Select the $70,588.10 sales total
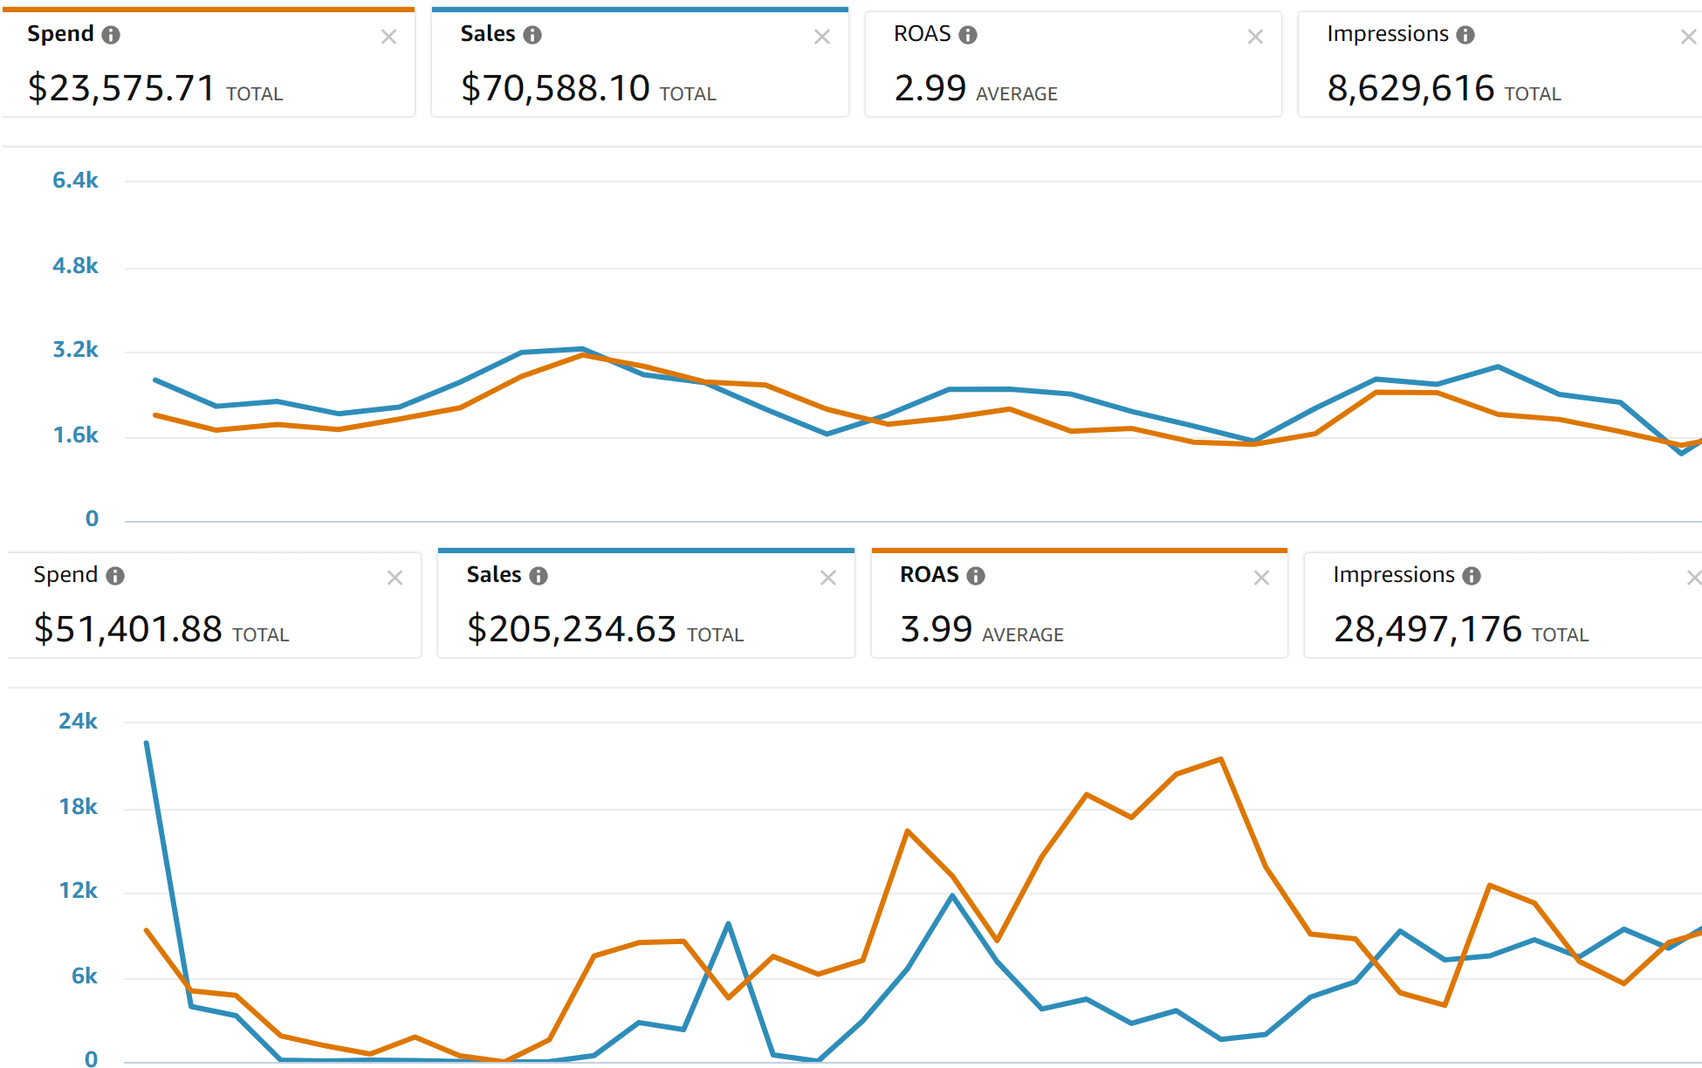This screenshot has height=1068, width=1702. pyautogui.click(x=554, y=88)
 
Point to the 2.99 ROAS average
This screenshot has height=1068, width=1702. pyautogui.click(x=930, y=88)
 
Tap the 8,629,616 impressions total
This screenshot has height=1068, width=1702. pyautogui.click(x=1410, y=88)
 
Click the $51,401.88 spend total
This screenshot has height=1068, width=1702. pyautogui.click(x=127, y=629)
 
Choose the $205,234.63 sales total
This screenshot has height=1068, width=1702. pyautogui.click(x=571, y=629)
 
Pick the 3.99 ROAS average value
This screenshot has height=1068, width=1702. pyautogui.click(x=936, y=629)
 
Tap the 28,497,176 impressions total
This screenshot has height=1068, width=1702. pyautogui.click(x=1427, y=629)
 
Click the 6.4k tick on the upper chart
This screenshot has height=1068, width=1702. pyautogui.click(x=75, y=181)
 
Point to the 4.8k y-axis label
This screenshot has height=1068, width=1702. pyautogui.click(x=75, y=266)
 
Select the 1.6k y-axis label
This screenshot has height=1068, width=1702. pyautogui.click(x=75, y=435)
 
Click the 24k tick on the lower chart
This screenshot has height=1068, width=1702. pyautogui.click(x=78, y=722)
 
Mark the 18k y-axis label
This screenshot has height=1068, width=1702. pyautogui.click(x=78, y=807)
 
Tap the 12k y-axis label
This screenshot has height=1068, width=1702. pyautogui.click(x=78, y=891)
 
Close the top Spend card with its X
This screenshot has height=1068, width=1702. pyautogui.click(x=388, y=37)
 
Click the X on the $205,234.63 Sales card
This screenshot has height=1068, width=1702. pyautogui.click(x=828, y=578)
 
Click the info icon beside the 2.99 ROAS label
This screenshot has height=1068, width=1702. pyautogui.click(x=968, y=35)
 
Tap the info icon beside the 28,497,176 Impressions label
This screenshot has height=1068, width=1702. pyautogui.click(x=1472, y=576)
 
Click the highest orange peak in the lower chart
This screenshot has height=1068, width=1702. pyautogui.click(x=1220, y=759)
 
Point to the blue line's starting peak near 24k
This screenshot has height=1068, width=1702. pyautogui.click(x=147, y=743)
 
